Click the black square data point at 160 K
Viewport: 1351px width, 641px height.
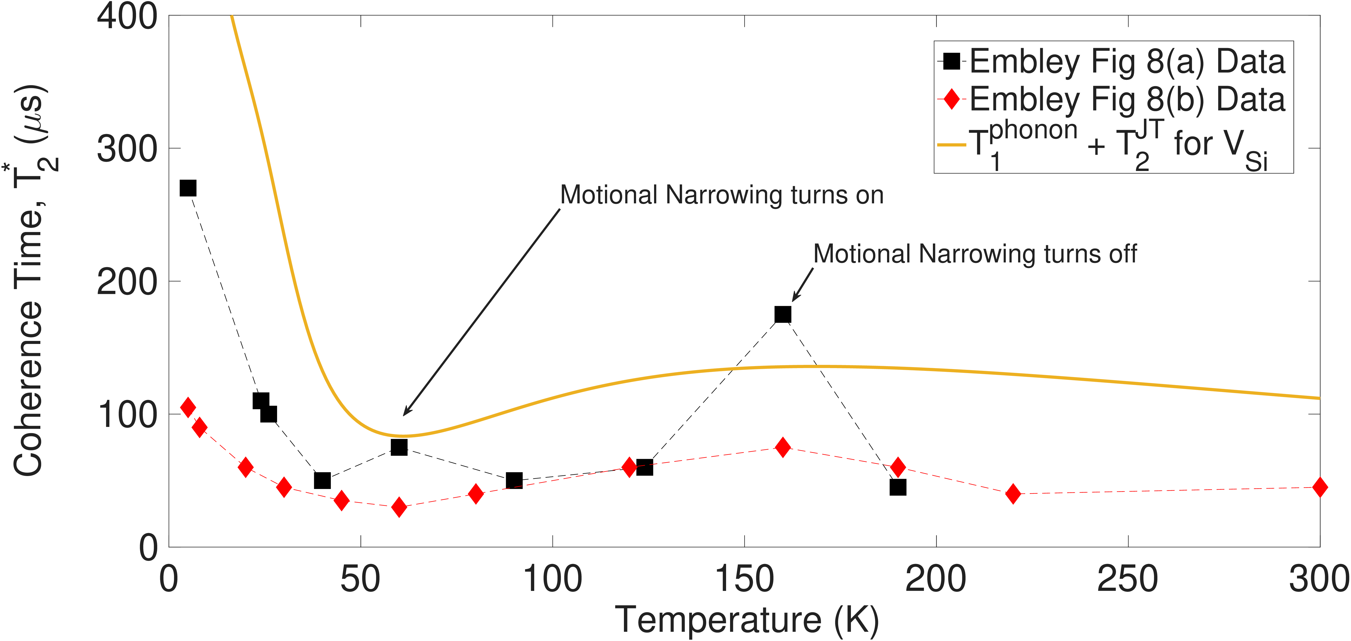(782, 314)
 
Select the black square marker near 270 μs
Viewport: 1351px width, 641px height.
(188, 188)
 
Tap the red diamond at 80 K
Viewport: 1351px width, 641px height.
(476, 494)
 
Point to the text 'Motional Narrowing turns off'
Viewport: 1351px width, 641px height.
(975, 254)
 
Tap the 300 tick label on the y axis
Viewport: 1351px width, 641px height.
(127, 149)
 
